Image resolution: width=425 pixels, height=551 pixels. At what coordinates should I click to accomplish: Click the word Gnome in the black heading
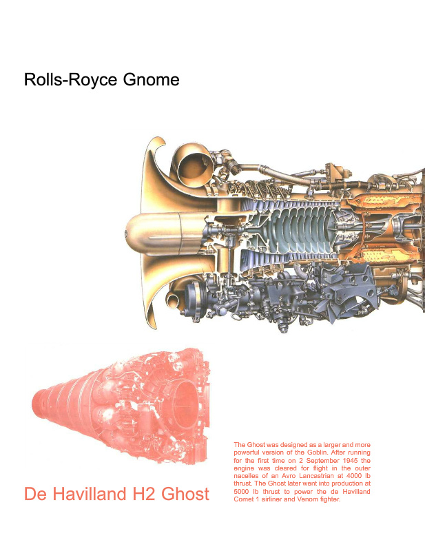click(x=151, y=79)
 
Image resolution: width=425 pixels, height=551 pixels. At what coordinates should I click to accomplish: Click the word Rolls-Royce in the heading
click(x=70, y=79)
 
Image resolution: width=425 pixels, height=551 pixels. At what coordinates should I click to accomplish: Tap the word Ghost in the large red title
click(x=185, y=494)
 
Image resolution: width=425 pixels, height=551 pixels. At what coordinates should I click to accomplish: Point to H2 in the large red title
click(x=144, y=494)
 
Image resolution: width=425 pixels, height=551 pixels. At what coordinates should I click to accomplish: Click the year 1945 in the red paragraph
click(x=350, y=460)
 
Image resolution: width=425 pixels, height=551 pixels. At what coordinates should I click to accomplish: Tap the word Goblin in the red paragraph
click(x=318, y=453)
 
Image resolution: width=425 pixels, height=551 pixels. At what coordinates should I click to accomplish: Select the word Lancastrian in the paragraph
click(x=316, y=476)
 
